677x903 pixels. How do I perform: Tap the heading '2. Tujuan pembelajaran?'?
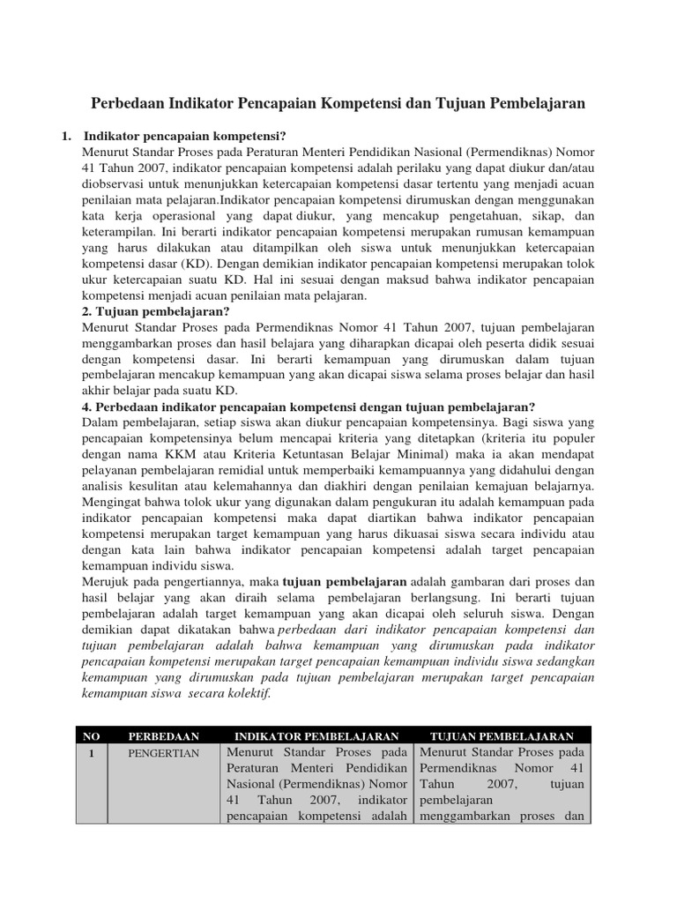tap(153, 311)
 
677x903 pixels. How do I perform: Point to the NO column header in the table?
tap(92, 735)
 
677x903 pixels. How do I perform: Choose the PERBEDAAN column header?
tap(163, 735)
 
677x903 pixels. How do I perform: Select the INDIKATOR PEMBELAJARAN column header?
tap(316, 735)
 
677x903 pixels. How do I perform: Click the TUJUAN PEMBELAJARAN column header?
tap(502, 735)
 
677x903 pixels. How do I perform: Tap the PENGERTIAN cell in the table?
tap(163, 753)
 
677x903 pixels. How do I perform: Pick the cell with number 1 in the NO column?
tap(92, 753)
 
